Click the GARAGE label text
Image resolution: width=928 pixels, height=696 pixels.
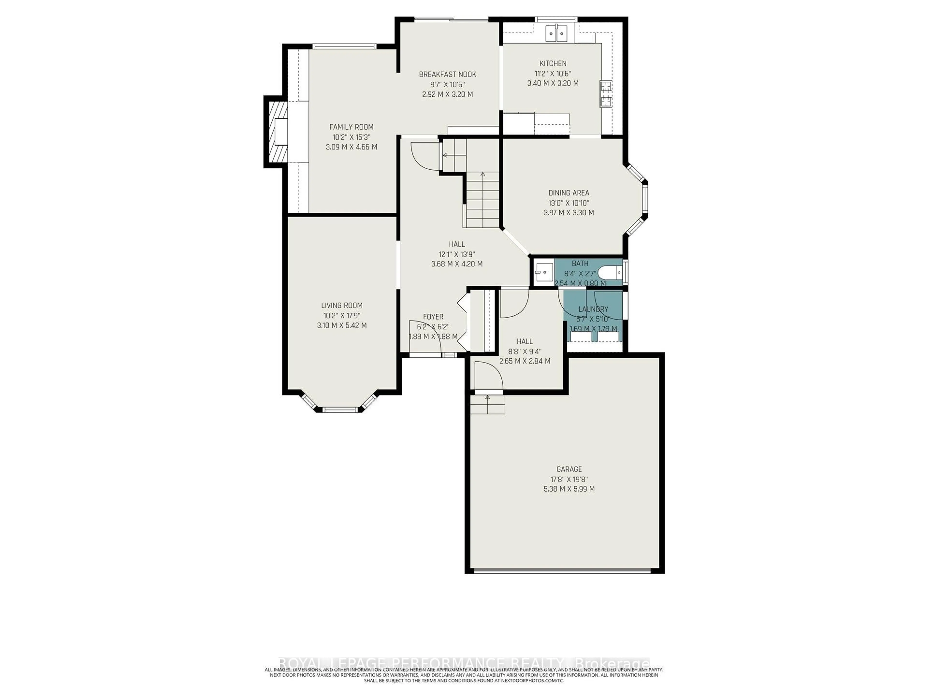pos(569,469)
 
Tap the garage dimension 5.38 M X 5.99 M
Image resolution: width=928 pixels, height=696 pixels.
pos(569,489)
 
